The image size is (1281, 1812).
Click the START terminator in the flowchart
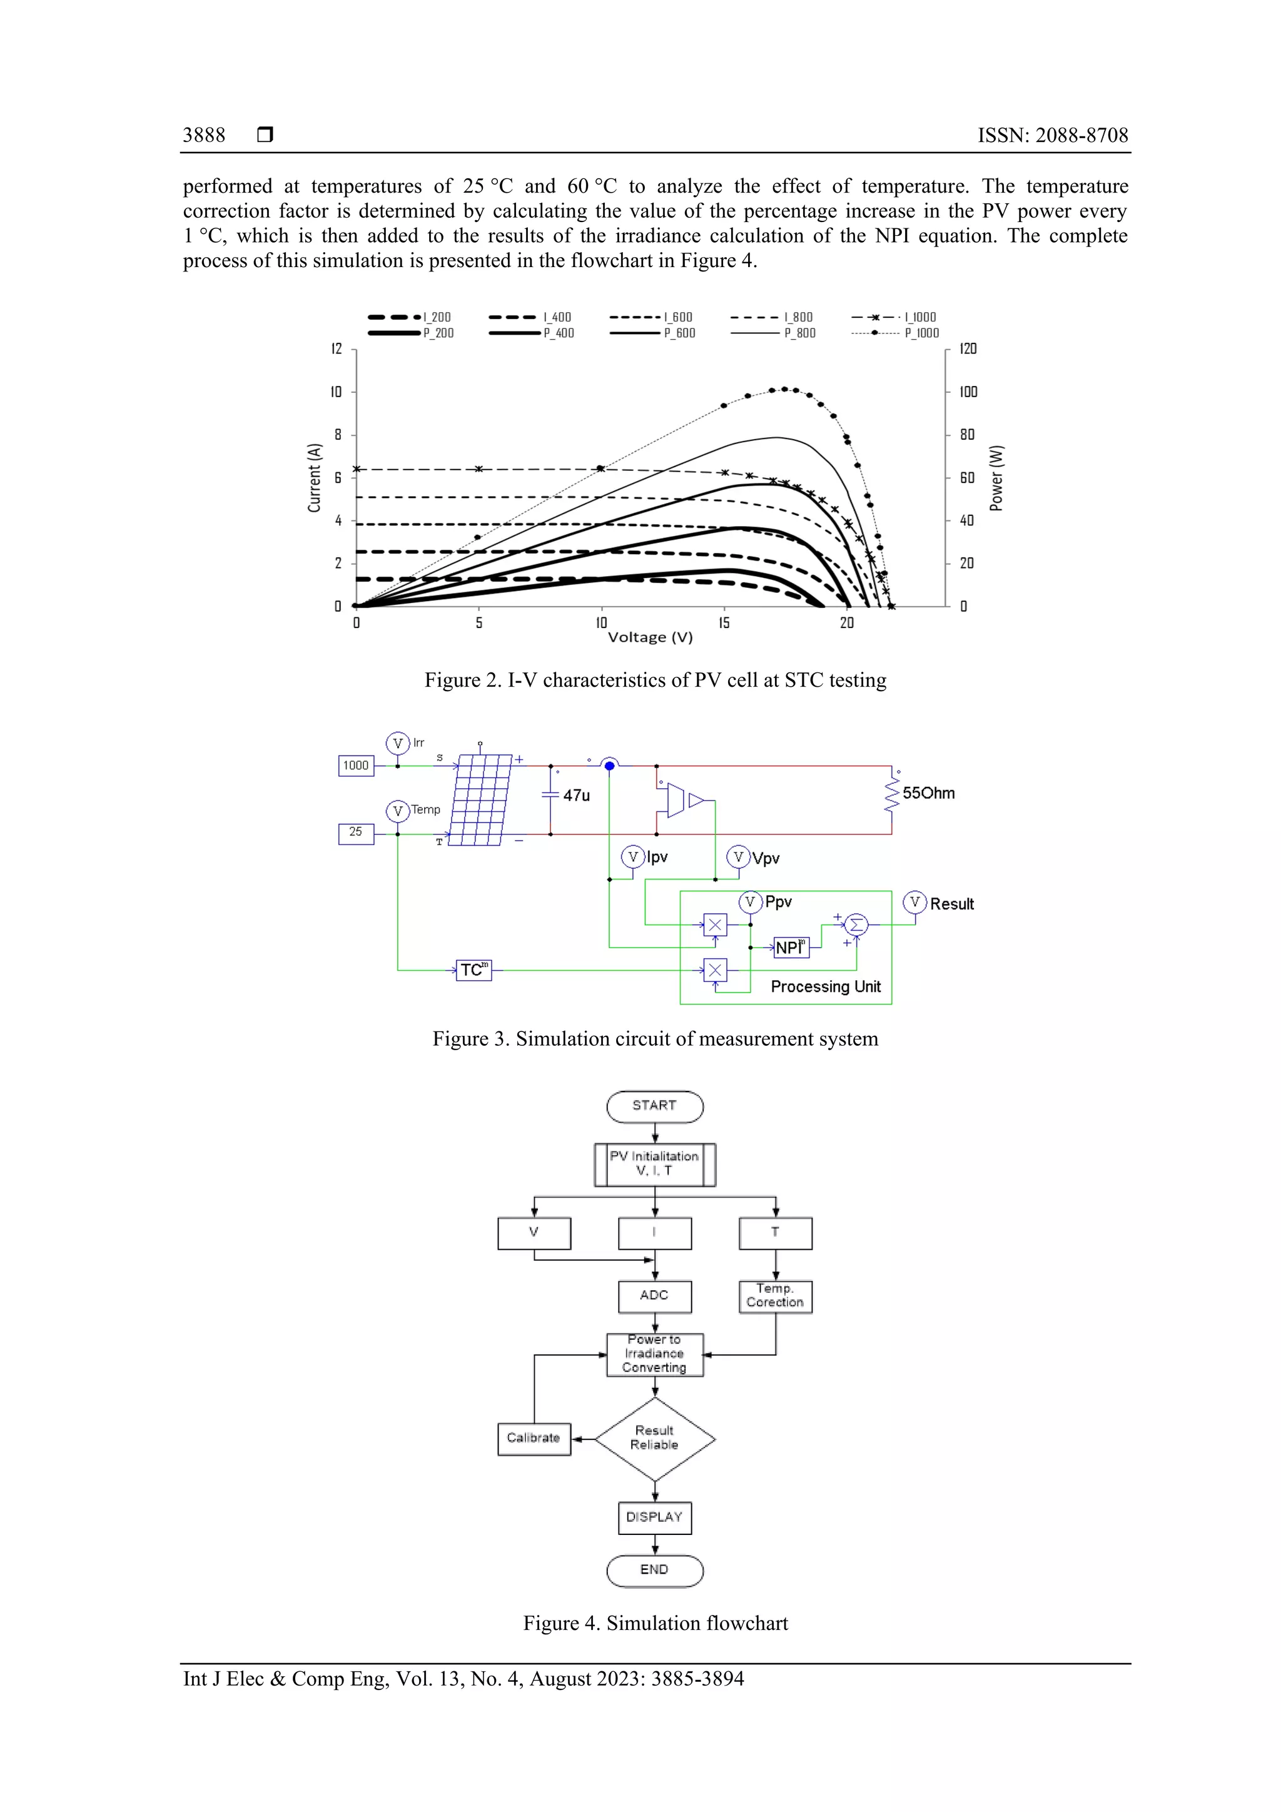coord(654,1106)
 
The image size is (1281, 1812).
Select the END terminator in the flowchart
coord(654,1570)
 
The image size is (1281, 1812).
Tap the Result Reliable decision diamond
coord(654,1439)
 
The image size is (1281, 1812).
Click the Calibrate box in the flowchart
coord(534,1439)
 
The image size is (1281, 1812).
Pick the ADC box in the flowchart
coord(654,1296)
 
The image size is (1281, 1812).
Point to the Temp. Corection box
coord(775,1296)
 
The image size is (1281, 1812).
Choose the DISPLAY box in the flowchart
coord(654,1517)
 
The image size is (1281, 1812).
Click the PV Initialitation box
coord(654,1164)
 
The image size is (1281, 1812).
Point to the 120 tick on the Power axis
coord(968,349)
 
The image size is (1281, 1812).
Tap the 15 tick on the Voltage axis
coord(724,623)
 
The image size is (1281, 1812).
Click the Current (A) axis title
coord(314,477)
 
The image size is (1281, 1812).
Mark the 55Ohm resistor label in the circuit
coord(928,793)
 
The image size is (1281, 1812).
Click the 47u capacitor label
coord(576,796)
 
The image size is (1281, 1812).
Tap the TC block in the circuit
coord(473,970)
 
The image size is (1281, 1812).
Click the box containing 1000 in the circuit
coord(356,766)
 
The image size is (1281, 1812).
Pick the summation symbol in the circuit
coord(856,924)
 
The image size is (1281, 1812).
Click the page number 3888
coord(204,135)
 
